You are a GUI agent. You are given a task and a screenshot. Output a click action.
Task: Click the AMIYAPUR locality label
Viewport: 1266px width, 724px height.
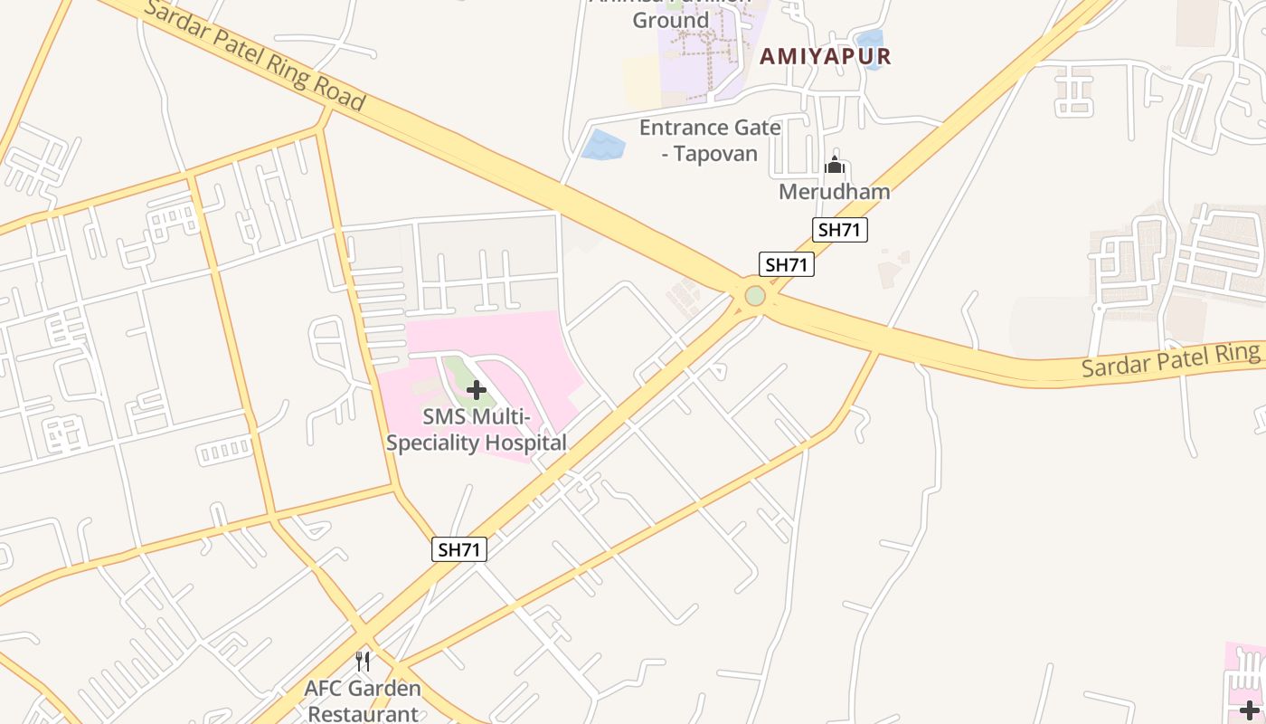click(x=825, y=56)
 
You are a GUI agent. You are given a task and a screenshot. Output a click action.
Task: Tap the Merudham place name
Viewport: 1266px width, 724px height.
click(x=834, y=192)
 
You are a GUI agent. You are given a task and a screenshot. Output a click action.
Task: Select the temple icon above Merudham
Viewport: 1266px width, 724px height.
click(x=835, y=166)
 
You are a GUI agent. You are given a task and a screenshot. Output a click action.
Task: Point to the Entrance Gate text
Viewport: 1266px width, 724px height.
click(x=709, y=128)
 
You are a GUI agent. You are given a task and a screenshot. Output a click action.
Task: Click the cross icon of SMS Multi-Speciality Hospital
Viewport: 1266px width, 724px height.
click(x=477, y=390)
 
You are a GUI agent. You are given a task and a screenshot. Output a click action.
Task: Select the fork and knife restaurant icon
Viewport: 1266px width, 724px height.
click(x=363, y=662)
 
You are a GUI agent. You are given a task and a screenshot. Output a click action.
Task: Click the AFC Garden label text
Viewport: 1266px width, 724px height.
click(x=363, y=688)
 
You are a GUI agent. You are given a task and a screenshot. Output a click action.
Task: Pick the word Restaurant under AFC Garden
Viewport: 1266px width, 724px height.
click(x=364, y=713)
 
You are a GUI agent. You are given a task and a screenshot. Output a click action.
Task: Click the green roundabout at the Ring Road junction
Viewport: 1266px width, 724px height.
click(x=755, y=296)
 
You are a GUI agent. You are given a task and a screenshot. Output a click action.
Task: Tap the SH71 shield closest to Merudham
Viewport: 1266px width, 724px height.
click(x=838, y=230)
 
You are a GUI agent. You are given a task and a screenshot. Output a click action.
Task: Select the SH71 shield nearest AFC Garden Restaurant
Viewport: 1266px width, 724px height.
click(x=459, y=549)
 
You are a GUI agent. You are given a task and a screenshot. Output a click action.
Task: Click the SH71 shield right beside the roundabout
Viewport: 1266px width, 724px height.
click(x=786, y=264)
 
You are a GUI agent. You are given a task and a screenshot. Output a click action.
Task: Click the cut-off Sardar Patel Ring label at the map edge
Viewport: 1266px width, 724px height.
click(x=1170, y=361)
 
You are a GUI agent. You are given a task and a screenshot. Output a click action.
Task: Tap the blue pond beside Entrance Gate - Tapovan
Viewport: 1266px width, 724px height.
click(x=602, y=145)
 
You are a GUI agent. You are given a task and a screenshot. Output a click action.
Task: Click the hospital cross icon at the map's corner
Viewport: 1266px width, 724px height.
click(x=1249, y=710)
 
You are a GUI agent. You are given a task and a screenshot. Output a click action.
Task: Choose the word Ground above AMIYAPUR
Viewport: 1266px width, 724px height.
click(x=670, y=20)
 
